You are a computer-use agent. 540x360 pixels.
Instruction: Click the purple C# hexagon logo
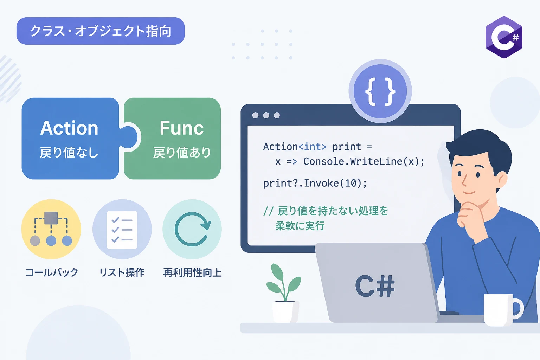(504, 37)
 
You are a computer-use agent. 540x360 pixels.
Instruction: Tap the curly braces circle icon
(380, 91)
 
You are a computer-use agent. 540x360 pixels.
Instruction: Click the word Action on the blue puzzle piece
(69, 128)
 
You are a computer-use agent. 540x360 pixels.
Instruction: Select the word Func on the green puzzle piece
(181, 128)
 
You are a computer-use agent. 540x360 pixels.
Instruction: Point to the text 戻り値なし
(69, 153)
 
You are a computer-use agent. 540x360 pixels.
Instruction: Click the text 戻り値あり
(182, 153)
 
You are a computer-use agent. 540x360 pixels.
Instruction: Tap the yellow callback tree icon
(51, 229)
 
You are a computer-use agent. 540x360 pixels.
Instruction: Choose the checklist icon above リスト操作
(122, 229)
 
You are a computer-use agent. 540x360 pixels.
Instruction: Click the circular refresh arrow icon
(192, 229)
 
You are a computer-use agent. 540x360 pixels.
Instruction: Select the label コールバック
(52, 272)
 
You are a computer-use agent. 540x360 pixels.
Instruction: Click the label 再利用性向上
(192, 272)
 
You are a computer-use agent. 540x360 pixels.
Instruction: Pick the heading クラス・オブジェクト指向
(101, 31)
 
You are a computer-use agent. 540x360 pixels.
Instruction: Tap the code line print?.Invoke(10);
(315, 183)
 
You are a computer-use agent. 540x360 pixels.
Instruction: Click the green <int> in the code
(313, 147)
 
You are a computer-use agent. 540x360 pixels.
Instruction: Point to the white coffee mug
(503, 309)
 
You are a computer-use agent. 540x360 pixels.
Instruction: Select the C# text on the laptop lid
(375, 286)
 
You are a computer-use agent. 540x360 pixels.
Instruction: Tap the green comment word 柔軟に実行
(300, 226)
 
